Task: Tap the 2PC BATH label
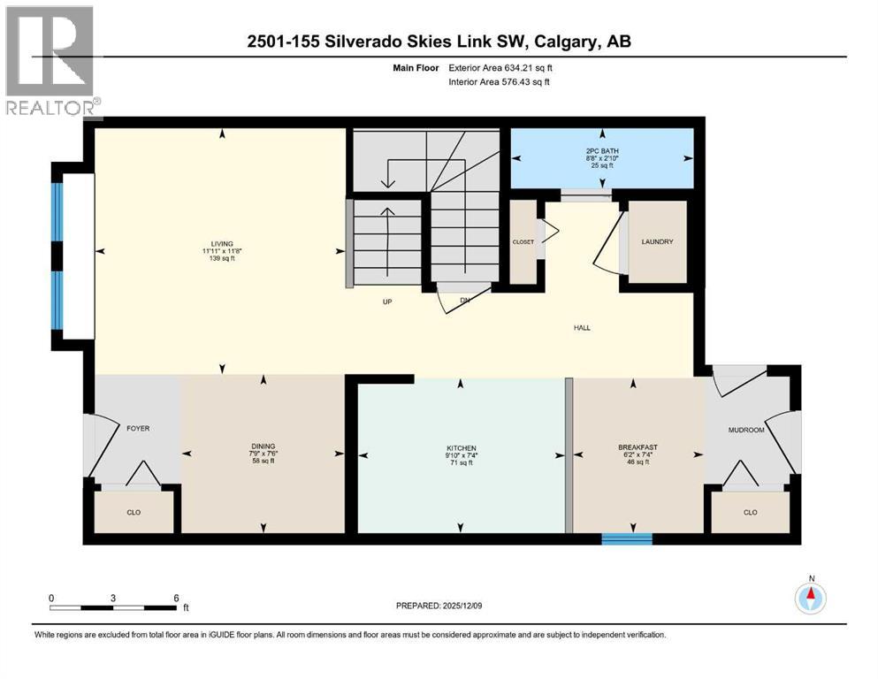click(602, 150)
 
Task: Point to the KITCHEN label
click(460, 448)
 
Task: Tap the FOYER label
click(137, 429)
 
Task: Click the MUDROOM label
click(744, 430)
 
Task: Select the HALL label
click(581, 328)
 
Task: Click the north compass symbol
click(810, 598)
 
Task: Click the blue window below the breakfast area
click(627, 538)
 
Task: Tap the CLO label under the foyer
click(133, 512)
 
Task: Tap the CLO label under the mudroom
click(750, 512)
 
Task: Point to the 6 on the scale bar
click(176, 598)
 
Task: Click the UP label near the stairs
click(386, 301)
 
